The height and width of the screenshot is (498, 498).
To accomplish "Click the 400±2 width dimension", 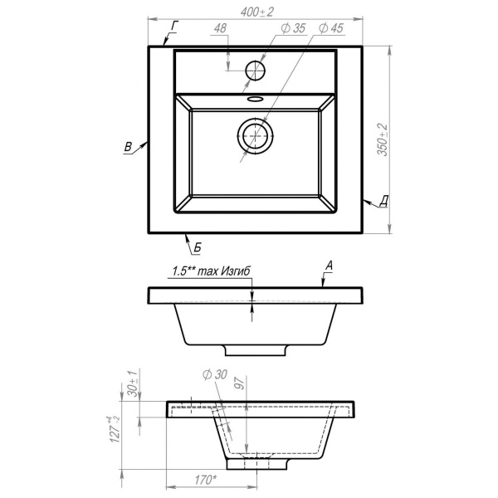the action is tap(256, 12).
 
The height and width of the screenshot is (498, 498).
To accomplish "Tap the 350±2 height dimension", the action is tap(383, 139).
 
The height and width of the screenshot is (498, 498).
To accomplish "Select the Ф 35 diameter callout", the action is tap(293, 28).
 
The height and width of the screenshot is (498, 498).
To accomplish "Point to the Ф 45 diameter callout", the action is tap(331, 28).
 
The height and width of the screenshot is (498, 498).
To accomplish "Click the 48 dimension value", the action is tap(220, 28).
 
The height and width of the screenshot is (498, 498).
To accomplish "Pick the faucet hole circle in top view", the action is tap(255, 71).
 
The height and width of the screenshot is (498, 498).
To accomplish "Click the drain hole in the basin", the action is tap(255, 135).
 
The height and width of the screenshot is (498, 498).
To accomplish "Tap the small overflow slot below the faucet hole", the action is tap(255, 99).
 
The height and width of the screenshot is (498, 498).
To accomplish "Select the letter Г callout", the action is tap(174, 26).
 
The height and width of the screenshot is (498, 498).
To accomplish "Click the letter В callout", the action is tap(128, 147).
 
